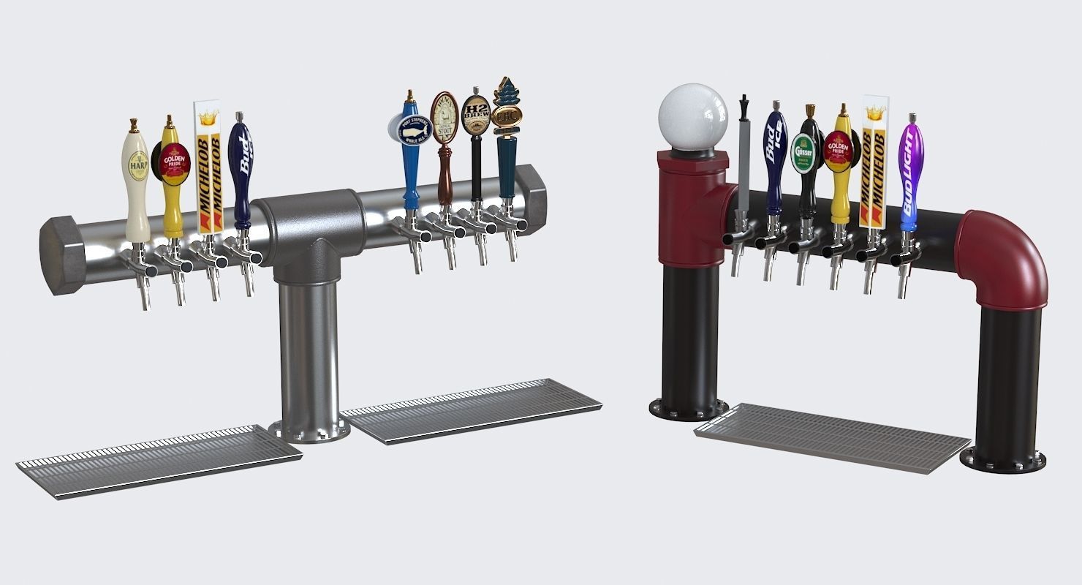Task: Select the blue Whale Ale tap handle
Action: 409,146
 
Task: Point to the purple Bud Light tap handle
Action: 911,172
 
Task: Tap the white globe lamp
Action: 692,117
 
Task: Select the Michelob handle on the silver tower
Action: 207,168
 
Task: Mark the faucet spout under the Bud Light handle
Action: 904,282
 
